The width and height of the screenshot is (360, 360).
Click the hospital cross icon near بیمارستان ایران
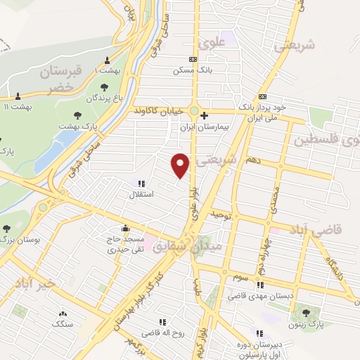click(x=204, y=115)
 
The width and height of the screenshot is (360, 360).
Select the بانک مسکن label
click(x=193, y=70)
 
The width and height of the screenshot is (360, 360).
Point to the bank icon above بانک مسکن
click(x=193, y=60)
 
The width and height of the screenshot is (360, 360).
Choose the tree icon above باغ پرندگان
click(x=105, y=87)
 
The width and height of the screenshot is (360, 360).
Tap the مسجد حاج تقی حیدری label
click(x=126, y=244)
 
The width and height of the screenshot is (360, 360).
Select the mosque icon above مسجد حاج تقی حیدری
click(x=125, y=228)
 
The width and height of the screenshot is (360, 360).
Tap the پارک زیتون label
click(x=306, y=325)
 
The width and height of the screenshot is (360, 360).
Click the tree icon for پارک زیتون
click(x=305, y=312)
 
